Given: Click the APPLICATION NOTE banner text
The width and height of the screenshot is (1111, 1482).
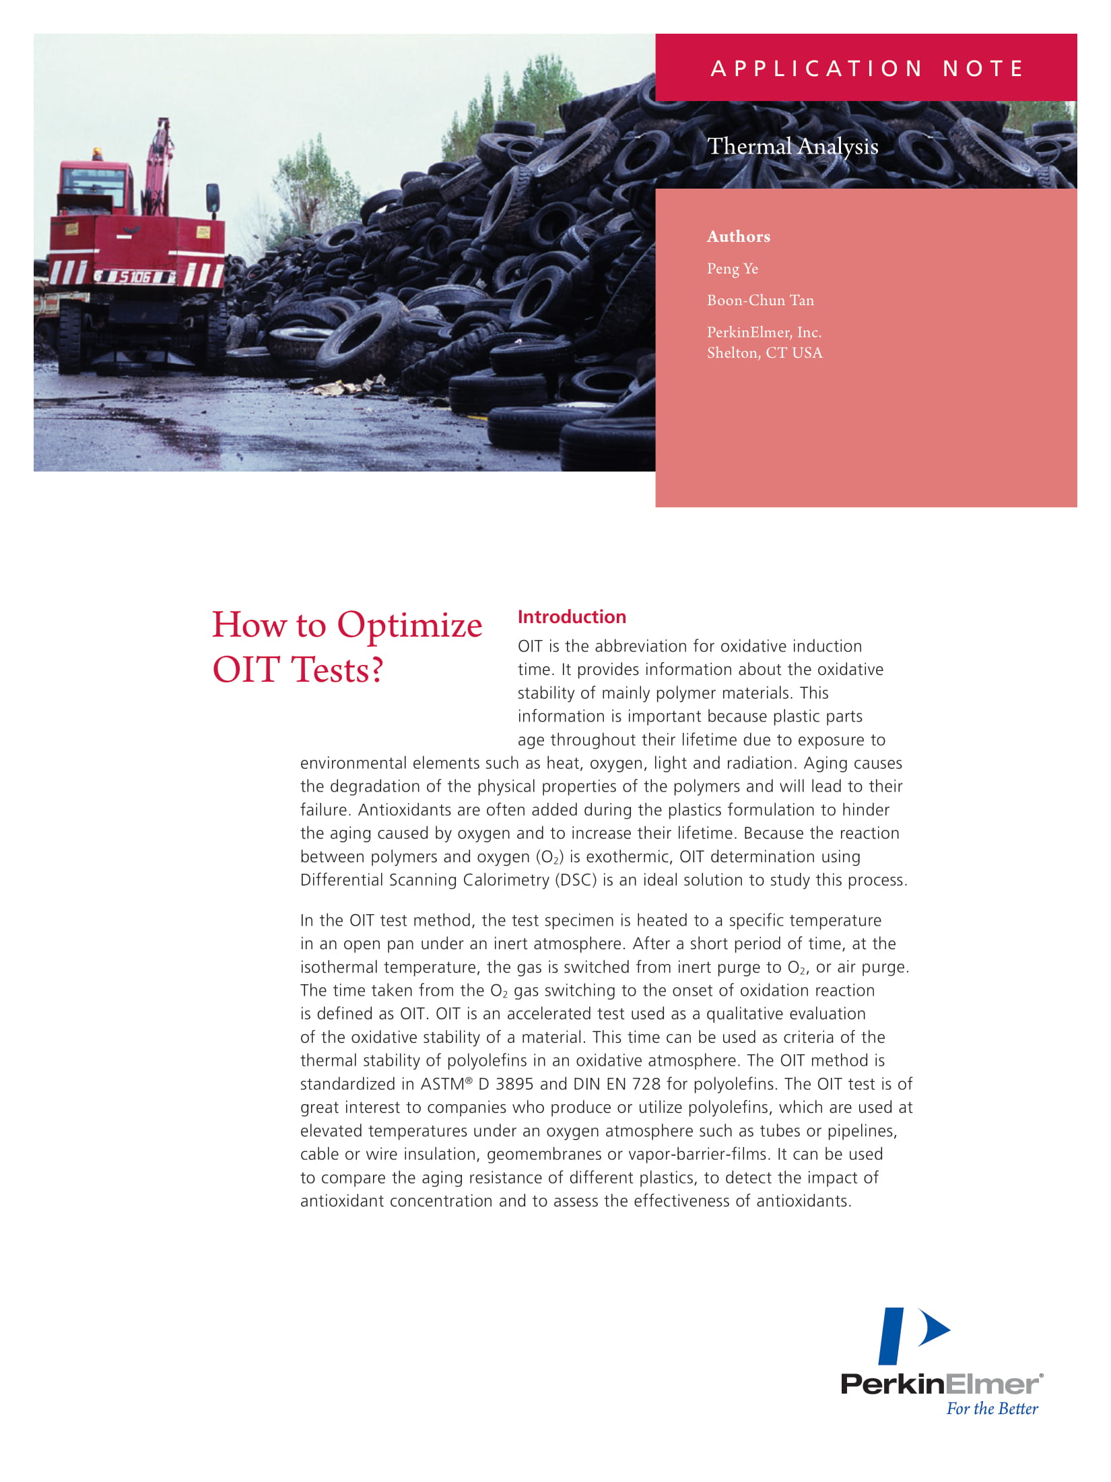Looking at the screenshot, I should [x=867, y=69].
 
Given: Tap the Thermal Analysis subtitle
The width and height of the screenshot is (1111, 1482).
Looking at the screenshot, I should [x=793, y=146].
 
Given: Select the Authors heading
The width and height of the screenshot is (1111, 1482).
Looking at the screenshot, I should [x=738, y=236].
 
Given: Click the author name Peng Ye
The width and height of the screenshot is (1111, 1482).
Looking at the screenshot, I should [x=732, y=269].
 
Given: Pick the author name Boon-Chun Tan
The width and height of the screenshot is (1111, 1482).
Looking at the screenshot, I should [x=760, y=300].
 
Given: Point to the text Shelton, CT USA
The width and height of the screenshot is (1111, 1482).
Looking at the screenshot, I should [x=764, y=353].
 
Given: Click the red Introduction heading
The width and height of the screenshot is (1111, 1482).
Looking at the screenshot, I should [x=572, y=617].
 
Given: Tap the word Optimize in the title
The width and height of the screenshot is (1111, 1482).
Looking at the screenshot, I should [x=409, y=625].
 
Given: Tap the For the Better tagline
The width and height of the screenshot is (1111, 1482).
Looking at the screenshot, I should [x=992, y=1408].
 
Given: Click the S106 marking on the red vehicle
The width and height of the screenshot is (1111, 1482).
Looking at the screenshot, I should [x=135, y=276].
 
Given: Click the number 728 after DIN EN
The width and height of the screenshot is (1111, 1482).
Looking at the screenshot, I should [x=646, y=1085].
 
